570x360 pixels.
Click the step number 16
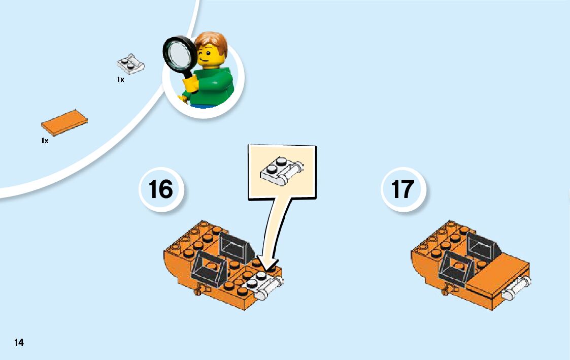161,189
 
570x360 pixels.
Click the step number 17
403,189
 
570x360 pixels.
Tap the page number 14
19,342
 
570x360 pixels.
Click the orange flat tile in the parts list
64,122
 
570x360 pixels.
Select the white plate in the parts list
131,64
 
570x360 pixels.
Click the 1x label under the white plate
121,80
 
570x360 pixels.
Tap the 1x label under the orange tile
45,141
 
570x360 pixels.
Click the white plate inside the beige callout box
282,170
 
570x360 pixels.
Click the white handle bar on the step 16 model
270,288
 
